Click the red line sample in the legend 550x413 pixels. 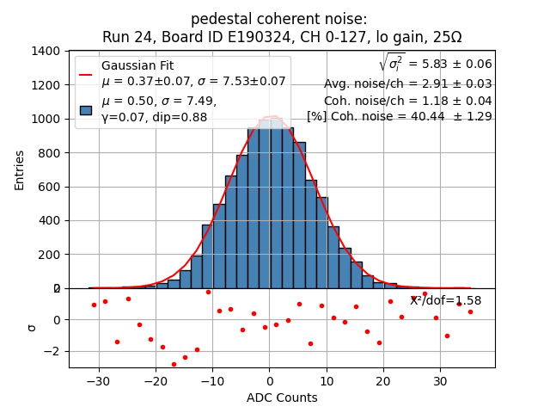click(x=85, y=75)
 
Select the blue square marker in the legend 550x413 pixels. click(x=85, y=109)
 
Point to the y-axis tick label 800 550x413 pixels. click(x=51, y=152)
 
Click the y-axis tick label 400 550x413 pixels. click(x=51, y=220)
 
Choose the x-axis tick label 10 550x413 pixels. click(x=326, y=380)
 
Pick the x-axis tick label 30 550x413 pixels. click(x=439, y=380)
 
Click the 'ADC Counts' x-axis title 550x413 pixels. click(x=282, y=398)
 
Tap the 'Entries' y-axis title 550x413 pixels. click(x=20, y=170)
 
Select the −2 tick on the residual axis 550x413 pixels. click(x=52, y=351)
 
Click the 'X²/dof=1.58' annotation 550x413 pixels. click(x=445, y=300)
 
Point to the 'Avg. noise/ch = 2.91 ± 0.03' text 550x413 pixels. click(x=407, y=83)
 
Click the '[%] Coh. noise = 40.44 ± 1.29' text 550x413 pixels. click(x=399, y=116)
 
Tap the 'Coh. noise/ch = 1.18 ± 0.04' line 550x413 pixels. click(x=407, y=100)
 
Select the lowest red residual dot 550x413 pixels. click(x=174, y=364)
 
